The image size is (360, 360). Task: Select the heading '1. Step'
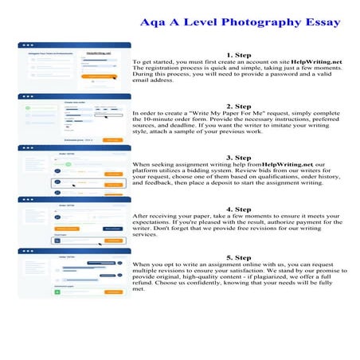238,55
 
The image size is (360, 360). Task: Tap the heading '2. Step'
238,106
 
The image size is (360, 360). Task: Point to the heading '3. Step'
238,157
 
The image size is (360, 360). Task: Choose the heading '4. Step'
238,209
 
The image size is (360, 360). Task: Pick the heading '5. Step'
238,258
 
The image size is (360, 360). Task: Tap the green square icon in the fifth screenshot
57,292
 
